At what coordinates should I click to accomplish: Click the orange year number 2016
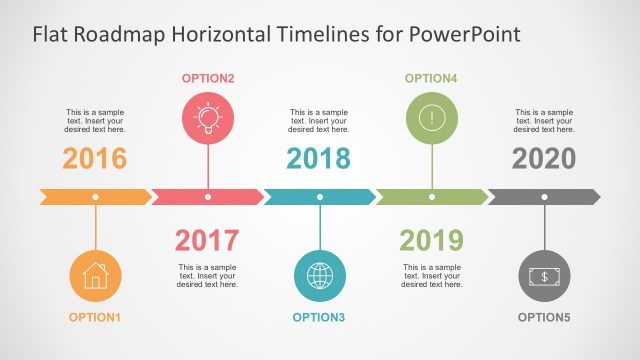pyautogui.click(x=95, y=158)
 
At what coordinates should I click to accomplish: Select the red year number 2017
pyautogui.click(x=207, y=240)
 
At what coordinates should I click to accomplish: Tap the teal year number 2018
pyautogui.click(x=319, y=158)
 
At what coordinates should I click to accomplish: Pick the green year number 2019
pyautogui.click(x=431, y=240)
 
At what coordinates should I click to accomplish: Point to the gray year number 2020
pyautogui.click(x=544, y=158)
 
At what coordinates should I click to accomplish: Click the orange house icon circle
pyautogui.click(x=95, y=274)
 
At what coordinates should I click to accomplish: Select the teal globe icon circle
pyautogui.click(x=319, y=274)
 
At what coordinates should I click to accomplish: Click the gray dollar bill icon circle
pyautogui.click(x=544, y=274)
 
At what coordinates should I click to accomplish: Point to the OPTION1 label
pyautogui.click(x=95, y=318)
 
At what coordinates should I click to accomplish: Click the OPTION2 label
pyautogui.click(x=208, y=78)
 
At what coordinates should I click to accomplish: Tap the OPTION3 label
pyautogui.click(x=319, y=318)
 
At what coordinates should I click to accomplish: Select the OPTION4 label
pyautogui.click(x=432, y=78)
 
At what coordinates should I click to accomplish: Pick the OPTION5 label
pyautogui.click(x=544, y=318)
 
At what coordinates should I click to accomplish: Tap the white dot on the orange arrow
pyautogui.click(x=95, y=197)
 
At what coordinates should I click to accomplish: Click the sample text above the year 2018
pyautogui.click(x=319, y=121)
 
